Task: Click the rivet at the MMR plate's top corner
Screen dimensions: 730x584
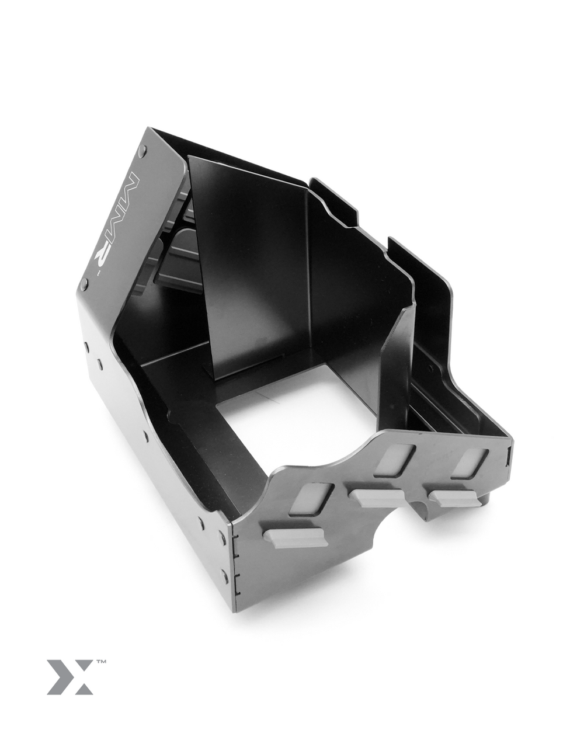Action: [142, 152]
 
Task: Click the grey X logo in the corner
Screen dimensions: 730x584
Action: [69, 677]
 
